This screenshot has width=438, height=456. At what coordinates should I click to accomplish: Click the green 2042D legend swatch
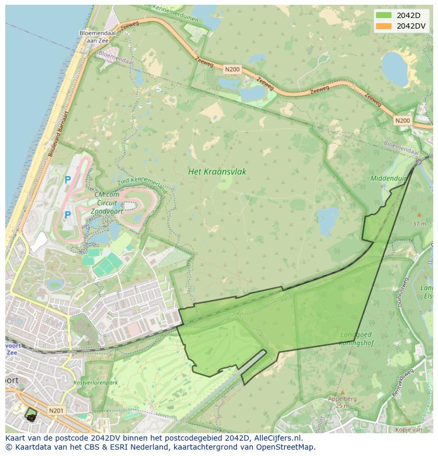[384, 15]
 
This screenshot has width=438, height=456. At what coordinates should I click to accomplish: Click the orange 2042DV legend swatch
[384, 26]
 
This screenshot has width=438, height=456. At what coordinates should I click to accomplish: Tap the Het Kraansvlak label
[217, 172]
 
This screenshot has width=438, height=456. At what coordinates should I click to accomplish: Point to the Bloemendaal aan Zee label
[94, 36]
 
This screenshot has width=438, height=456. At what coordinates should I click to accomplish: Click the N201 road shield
[56, 410]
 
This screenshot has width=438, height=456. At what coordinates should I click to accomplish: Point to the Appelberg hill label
[342, 399]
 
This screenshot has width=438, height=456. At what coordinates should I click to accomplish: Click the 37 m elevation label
[419, 223]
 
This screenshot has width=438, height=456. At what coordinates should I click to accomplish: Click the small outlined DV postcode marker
[31, 415]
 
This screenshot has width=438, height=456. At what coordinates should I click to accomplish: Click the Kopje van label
[408, 430]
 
